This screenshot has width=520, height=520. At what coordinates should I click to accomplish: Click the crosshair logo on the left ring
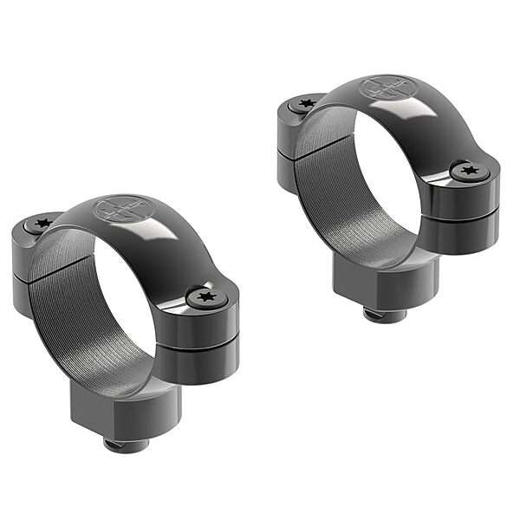coord(120,209)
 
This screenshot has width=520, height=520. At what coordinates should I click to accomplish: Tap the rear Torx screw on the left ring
coord(42,224)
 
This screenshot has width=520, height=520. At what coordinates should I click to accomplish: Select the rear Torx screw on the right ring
coord(304,103)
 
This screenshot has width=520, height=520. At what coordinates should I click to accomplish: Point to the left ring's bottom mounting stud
coord(126,443)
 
